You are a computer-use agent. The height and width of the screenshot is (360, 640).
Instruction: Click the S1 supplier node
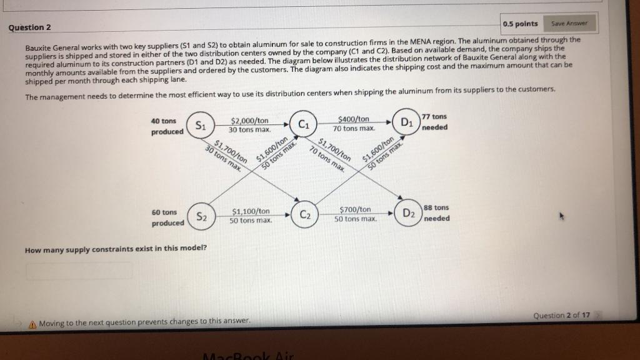click(x=200, y=125)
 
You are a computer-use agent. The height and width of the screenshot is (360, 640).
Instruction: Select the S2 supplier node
click(x=201, y=217)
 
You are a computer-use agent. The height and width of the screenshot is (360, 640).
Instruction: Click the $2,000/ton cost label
click(x=249, y=121)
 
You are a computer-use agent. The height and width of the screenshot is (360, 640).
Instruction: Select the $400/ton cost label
click(x=353, y=119)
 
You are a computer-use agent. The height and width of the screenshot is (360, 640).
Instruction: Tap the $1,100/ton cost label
click(x=251, y=212)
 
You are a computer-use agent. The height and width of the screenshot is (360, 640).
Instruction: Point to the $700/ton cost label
click(x=355, y=209)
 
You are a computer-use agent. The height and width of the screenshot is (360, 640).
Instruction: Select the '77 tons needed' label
click(x=435, y=121)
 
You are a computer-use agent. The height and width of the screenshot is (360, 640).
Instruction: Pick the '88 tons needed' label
click(x=436, y=212)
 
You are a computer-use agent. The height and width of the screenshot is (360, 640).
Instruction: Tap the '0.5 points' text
click(x=520, y=24)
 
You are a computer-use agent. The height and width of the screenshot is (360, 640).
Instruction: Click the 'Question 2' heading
click(x=29, y=27)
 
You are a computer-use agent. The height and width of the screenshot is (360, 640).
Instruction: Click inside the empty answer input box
click(x=79, y=271)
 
